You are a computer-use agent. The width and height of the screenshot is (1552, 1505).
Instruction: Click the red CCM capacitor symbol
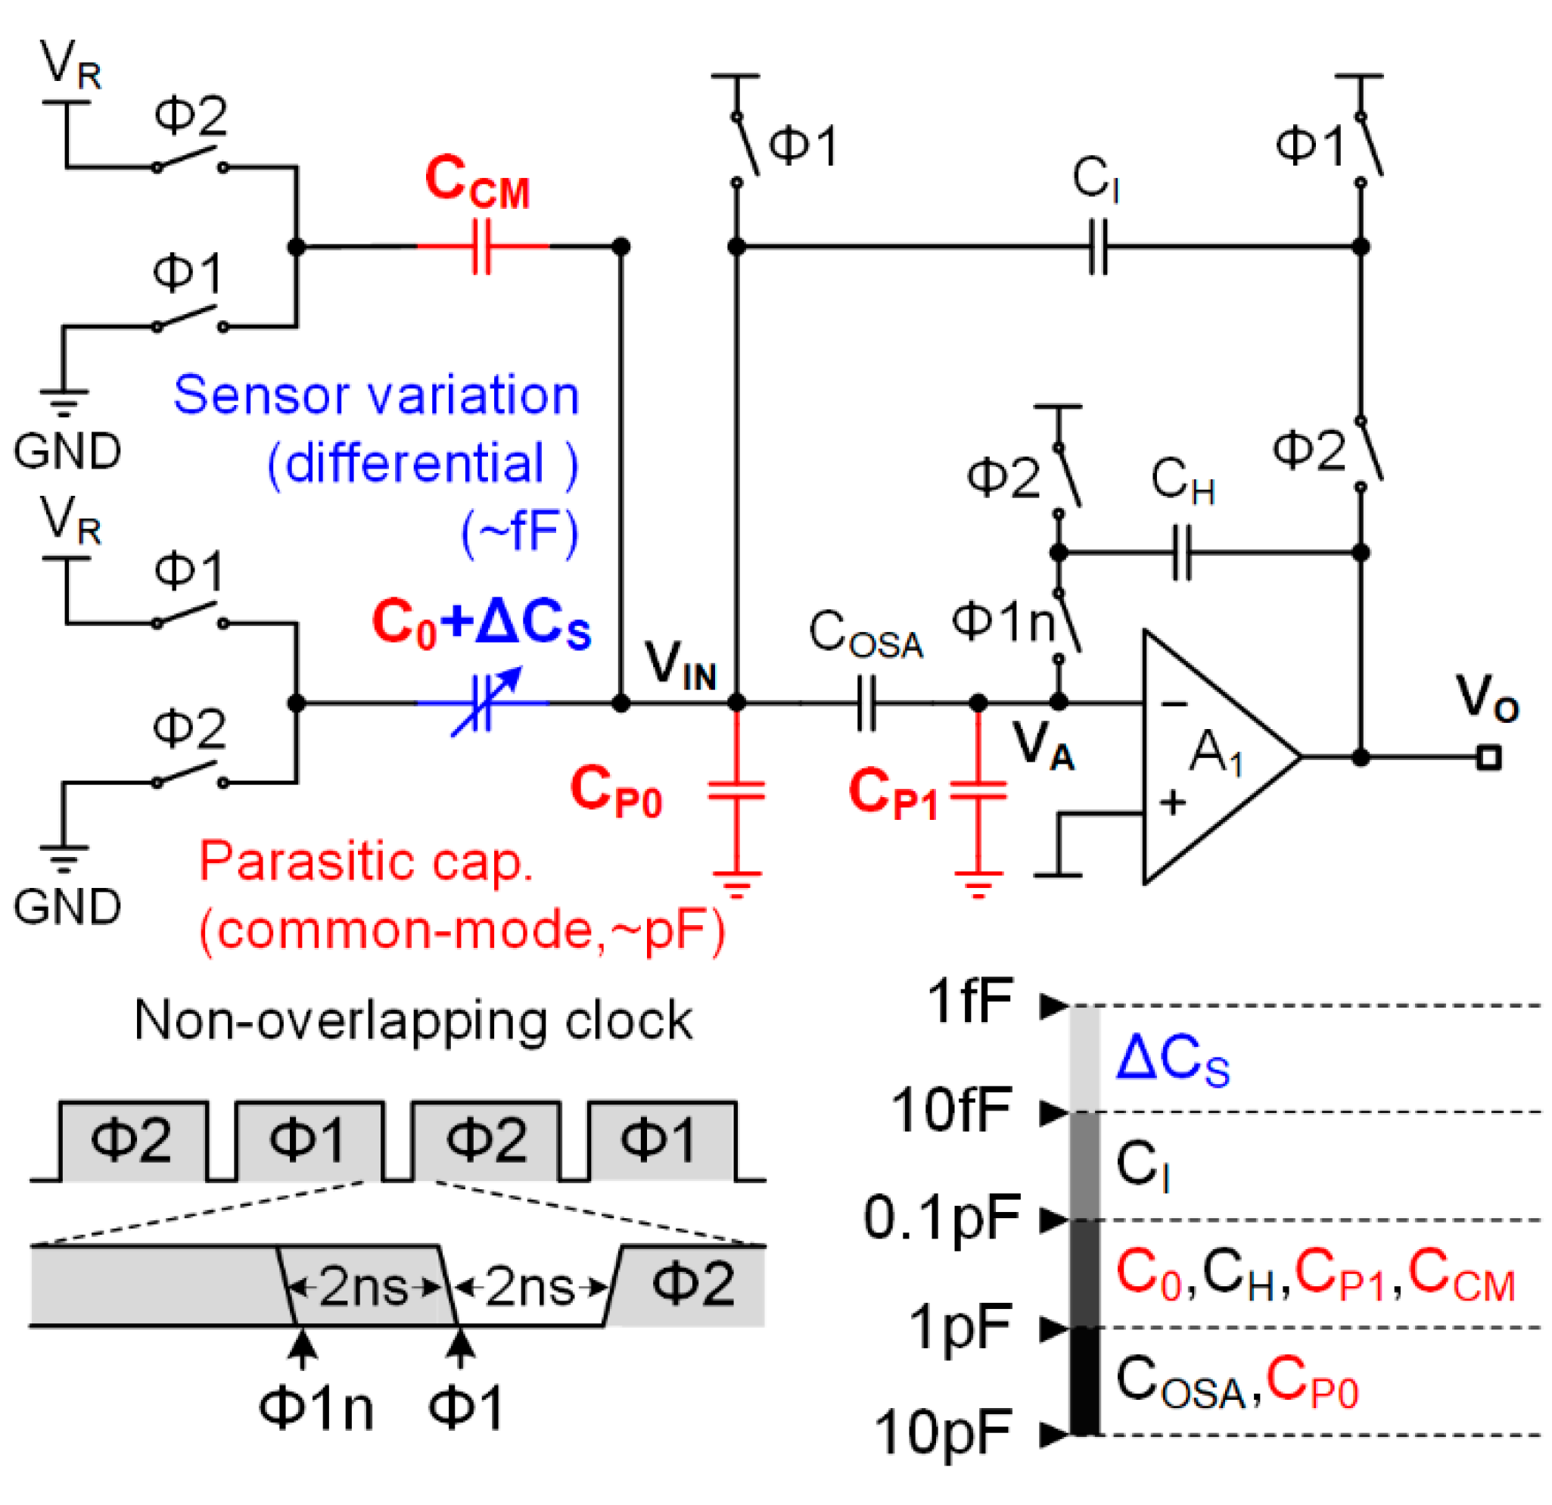point(481,246)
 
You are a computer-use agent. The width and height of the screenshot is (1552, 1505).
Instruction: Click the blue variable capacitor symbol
point(483,703)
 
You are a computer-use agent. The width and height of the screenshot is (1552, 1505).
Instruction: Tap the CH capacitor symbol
point(1181,552)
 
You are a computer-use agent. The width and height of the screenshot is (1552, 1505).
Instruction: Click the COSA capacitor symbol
point(867,703)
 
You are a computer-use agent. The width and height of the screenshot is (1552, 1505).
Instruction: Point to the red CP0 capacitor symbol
point(736,792)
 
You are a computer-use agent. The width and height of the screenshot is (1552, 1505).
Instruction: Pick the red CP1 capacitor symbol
point(978,792)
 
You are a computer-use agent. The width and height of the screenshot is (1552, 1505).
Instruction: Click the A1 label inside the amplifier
point(1215,752)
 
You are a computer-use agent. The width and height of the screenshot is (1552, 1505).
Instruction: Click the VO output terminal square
point(1488,758)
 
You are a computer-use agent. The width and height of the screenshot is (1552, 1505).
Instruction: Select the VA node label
point(1043,746)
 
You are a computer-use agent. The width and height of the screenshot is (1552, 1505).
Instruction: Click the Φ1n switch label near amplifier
point(1003,622)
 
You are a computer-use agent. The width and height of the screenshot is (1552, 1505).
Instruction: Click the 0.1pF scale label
point(941,1217)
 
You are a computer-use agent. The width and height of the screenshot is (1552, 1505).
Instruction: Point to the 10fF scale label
point(950,1110)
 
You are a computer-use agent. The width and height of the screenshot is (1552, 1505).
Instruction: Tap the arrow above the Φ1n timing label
point(301,1347)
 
